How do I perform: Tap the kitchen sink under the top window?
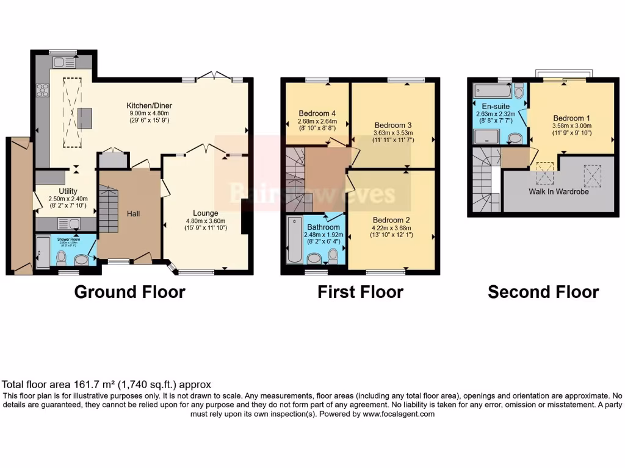point(64,62)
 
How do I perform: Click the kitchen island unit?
point(84,116)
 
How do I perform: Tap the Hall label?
point(133,214)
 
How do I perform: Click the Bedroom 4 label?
point(317,113)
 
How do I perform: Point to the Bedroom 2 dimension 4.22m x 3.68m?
point(391,228)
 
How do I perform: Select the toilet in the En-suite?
point(519,91)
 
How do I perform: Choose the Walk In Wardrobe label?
point(559,191)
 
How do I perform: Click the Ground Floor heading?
point(129,292)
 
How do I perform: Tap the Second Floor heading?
point(543,292)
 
